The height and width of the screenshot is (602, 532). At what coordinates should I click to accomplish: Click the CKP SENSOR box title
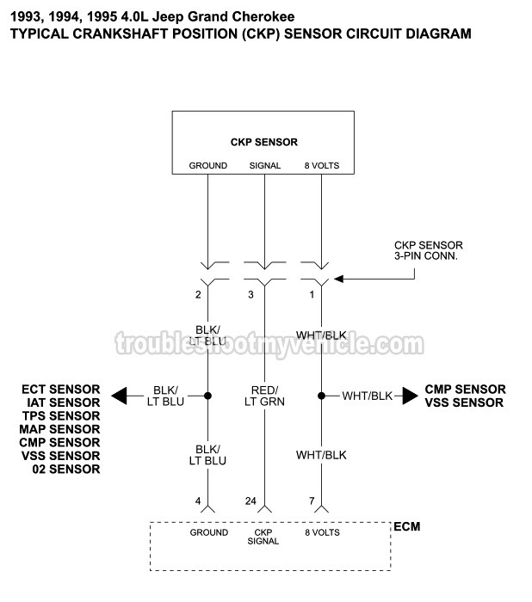click(x=263, y=142)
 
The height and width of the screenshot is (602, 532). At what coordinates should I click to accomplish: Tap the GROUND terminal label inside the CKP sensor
click(x=207, y=165)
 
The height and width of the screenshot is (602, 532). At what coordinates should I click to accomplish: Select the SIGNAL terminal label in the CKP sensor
click(x=264, y=165)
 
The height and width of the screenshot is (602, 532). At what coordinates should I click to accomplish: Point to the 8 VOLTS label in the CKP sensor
click(x=320, y=165)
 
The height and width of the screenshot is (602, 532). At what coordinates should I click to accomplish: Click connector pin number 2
click(x=197, y=295)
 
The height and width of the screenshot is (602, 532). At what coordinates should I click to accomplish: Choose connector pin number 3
click(x=251, y=295)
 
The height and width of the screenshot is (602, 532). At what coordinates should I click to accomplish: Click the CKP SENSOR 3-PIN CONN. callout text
click(x=428, y=250)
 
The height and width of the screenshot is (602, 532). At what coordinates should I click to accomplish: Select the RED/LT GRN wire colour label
click(x=264, y=396)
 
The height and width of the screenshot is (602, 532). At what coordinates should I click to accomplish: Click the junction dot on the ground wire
click(x=207, y=396)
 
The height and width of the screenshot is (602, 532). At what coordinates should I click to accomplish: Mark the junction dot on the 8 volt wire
click(x=321, y=396)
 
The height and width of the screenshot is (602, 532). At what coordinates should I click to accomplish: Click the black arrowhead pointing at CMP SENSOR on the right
click(x=408, y=396)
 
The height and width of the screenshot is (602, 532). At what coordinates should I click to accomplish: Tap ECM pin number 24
click(x=249, y=501)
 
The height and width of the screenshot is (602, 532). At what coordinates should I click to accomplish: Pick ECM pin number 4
click(x=197, y=501)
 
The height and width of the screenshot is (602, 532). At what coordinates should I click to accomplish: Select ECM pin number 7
click(x=312, y=501)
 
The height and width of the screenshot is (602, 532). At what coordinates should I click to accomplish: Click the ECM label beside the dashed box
click(x=406, y=526)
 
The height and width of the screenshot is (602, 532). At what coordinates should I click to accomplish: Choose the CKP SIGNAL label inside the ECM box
click(x=263, y=537)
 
